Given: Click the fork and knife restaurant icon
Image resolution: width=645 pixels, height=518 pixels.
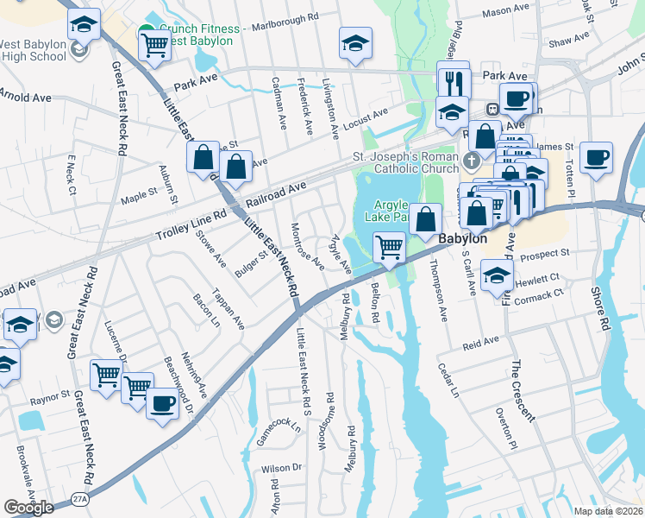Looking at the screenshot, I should [454, 81].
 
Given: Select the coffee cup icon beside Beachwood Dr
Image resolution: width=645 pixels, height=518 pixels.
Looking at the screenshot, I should [160, 402].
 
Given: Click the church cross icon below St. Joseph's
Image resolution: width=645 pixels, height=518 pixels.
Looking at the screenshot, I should [471, 161].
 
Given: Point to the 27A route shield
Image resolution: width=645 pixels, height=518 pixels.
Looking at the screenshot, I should [79, 498].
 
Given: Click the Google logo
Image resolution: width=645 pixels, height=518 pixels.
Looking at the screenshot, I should [28, 508].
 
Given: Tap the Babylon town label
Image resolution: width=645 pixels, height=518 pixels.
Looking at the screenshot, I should [464, 238].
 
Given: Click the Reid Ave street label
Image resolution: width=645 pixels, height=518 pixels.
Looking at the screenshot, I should [480, 343].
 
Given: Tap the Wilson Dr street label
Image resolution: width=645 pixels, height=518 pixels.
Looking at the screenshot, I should [281, 467].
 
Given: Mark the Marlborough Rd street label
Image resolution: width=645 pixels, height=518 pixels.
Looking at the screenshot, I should [285, 16].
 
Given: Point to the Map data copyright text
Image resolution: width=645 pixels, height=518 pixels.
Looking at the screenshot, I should [609, 511].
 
